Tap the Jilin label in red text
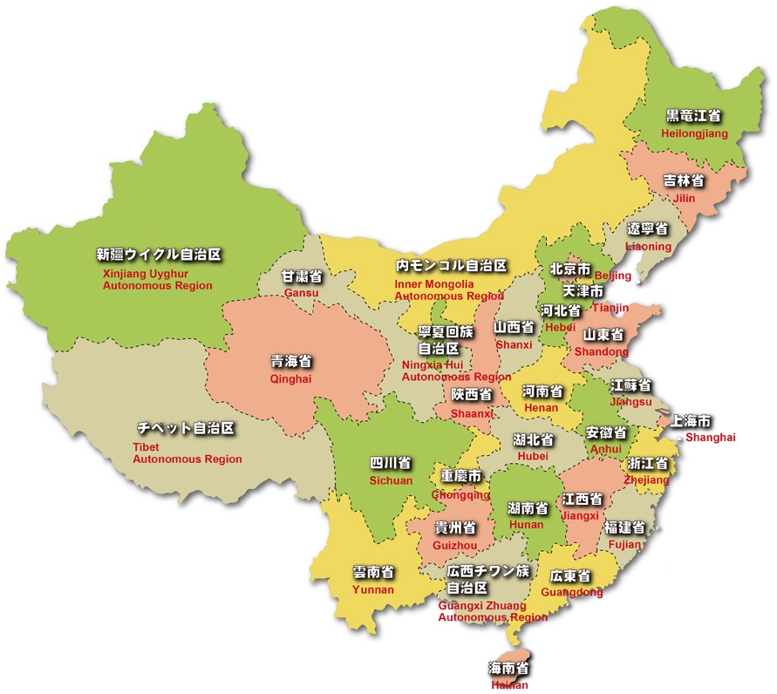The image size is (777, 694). point(684,198)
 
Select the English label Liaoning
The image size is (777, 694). point(649,247)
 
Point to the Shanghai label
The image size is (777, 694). point(710,437)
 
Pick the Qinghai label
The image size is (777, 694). point(290,380)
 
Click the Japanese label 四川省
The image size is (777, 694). point(390,462)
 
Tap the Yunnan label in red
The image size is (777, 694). point(373,589)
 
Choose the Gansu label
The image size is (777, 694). point(302,293)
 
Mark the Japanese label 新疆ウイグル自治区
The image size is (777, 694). point(159,255)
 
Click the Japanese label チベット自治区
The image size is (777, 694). point(187,429)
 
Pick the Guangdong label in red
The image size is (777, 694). point(571,593)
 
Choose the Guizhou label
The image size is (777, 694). point(455,546)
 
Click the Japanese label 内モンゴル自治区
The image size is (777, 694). point(451,265)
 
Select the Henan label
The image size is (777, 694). point(541,407)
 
